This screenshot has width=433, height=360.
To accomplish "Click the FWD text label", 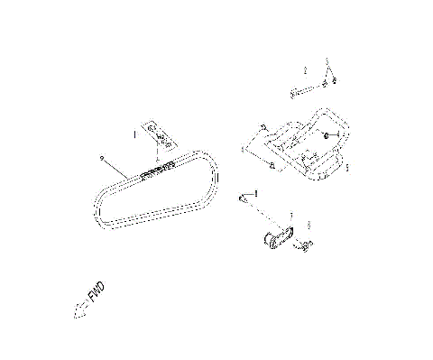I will coord(94,294).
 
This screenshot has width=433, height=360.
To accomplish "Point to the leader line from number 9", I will coord(121,170).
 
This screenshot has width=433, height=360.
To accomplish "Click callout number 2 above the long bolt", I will coord(305,69).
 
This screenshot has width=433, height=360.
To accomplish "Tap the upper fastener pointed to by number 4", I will coord(263,127).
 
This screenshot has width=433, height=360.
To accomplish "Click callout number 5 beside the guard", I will coord(348,167).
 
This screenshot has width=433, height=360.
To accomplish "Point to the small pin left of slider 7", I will coord(243,196).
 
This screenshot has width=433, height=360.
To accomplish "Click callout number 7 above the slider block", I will coord(290,215).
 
